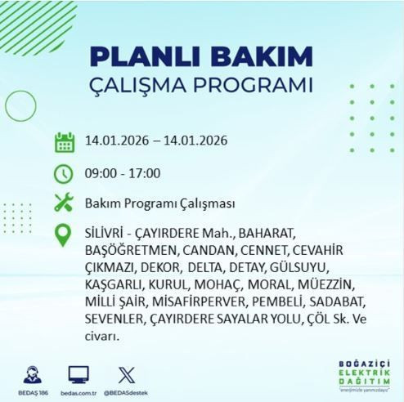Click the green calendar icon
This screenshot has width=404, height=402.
(x=65, y=141)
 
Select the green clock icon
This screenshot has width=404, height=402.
(x=65, y=172)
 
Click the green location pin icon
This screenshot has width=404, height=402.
(x=65, y=234)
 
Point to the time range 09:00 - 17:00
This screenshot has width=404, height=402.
(x=122, y=172)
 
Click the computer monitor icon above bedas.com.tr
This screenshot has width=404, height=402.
(x=79, y=354)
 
